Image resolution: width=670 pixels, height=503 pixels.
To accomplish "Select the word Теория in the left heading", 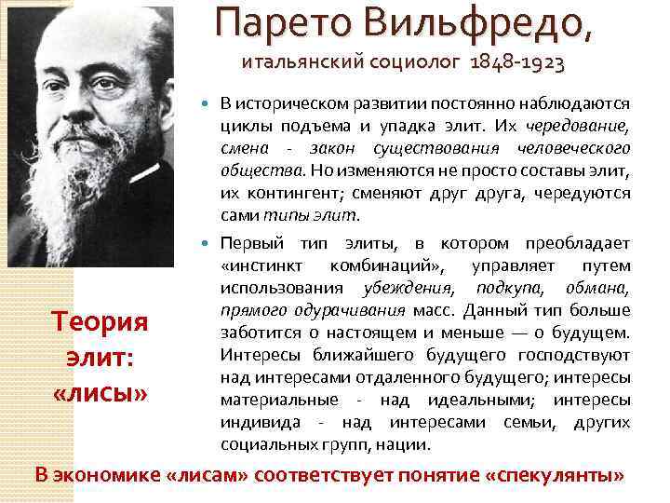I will tap(100, 323).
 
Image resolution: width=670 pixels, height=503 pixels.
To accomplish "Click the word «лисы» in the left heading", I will tap(101, 392).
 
